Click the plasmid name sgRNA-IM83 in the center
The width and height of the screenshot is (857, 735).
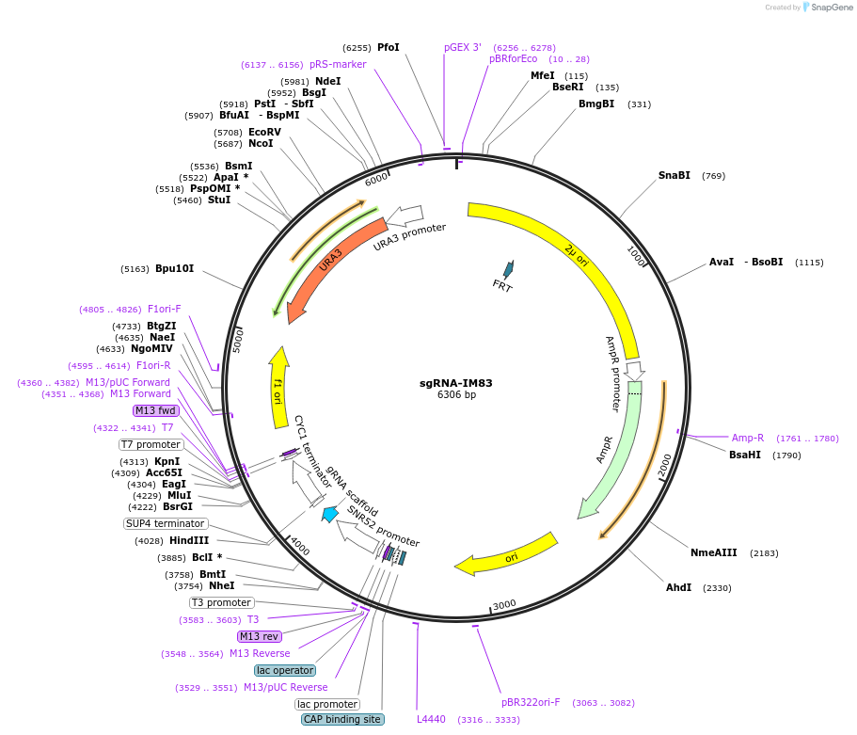pyautogui.click(x=455, y=383)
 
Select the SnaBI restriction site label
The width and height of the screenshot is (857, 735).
pyautogui.click(x=674, y=175)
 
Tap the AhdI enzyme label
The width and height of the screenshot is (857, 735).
pyautogui.click(x=678, y=587)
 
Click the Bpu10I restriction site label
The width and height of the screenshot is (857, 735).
pyautogui.click(x=174, y=268)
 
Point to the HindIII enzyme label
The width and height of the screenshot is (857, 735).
pyautogui.click(x=189, y=540)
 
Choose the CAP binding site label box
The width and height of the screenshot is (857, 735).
pyautogui.click(x=342, y=719)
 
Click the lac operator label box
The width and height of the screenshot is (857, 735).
pyautogui.click(x=285, y=670)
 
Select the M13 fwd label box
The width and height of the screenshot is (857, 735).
pyautogui.click(x=155, y=410)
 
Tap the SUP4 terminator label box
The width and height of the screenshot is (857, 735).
pyautogui.click(x=165, y=523)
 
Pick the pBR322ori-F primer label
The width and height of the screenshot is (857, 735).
pyautogui.click(x=531, y=702)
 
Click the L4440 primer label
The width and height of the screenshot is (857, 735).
pyautogui.click(x=432, y=719)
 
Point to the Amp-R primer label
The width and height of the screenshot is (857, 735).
pyautogui.click(x=748, y=438)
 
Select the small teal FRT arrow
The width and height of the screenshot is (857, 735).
pyautogui.click(x=509, y=270)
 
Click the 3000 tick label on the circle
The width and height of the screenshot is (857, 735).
pyautogui.click(x=504, y=603)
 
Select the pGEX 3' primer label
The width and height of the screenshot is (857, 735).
pyautogui.click(x=463, y=47)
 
